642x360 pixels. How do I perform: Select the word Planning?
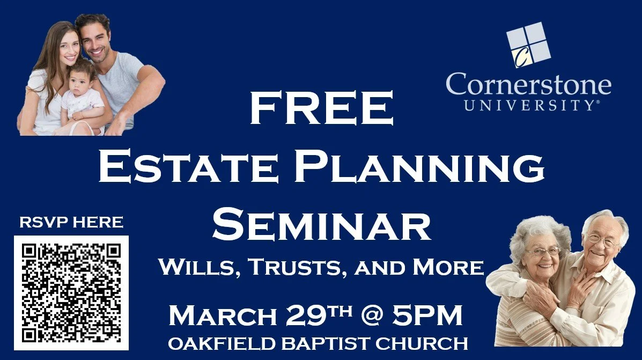[x=421, y=167]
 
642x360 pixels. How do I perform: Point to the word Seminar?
[x=321, y=226]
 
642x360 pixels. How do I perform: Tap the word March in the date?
[x=222, y=317]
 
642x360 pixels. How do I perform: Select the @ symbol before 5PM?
[x=372, y=317]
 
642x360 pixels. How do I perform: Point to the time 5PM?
[x=426, y=317]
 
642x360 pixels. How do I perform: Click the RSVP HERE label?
[x=71, y=222]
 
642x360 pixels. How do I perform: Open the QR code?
[x=71, y=293]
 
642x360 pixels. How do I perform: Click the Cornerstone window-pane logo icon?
[x=528, y=45]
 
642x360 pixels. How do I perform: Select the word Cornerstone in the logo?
[x=528, y=85]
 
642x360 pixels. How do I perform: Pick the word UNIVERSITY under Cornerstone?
[x=528, y=106]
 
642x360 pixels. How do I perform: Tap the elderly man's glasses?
[x=602, y=241]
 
